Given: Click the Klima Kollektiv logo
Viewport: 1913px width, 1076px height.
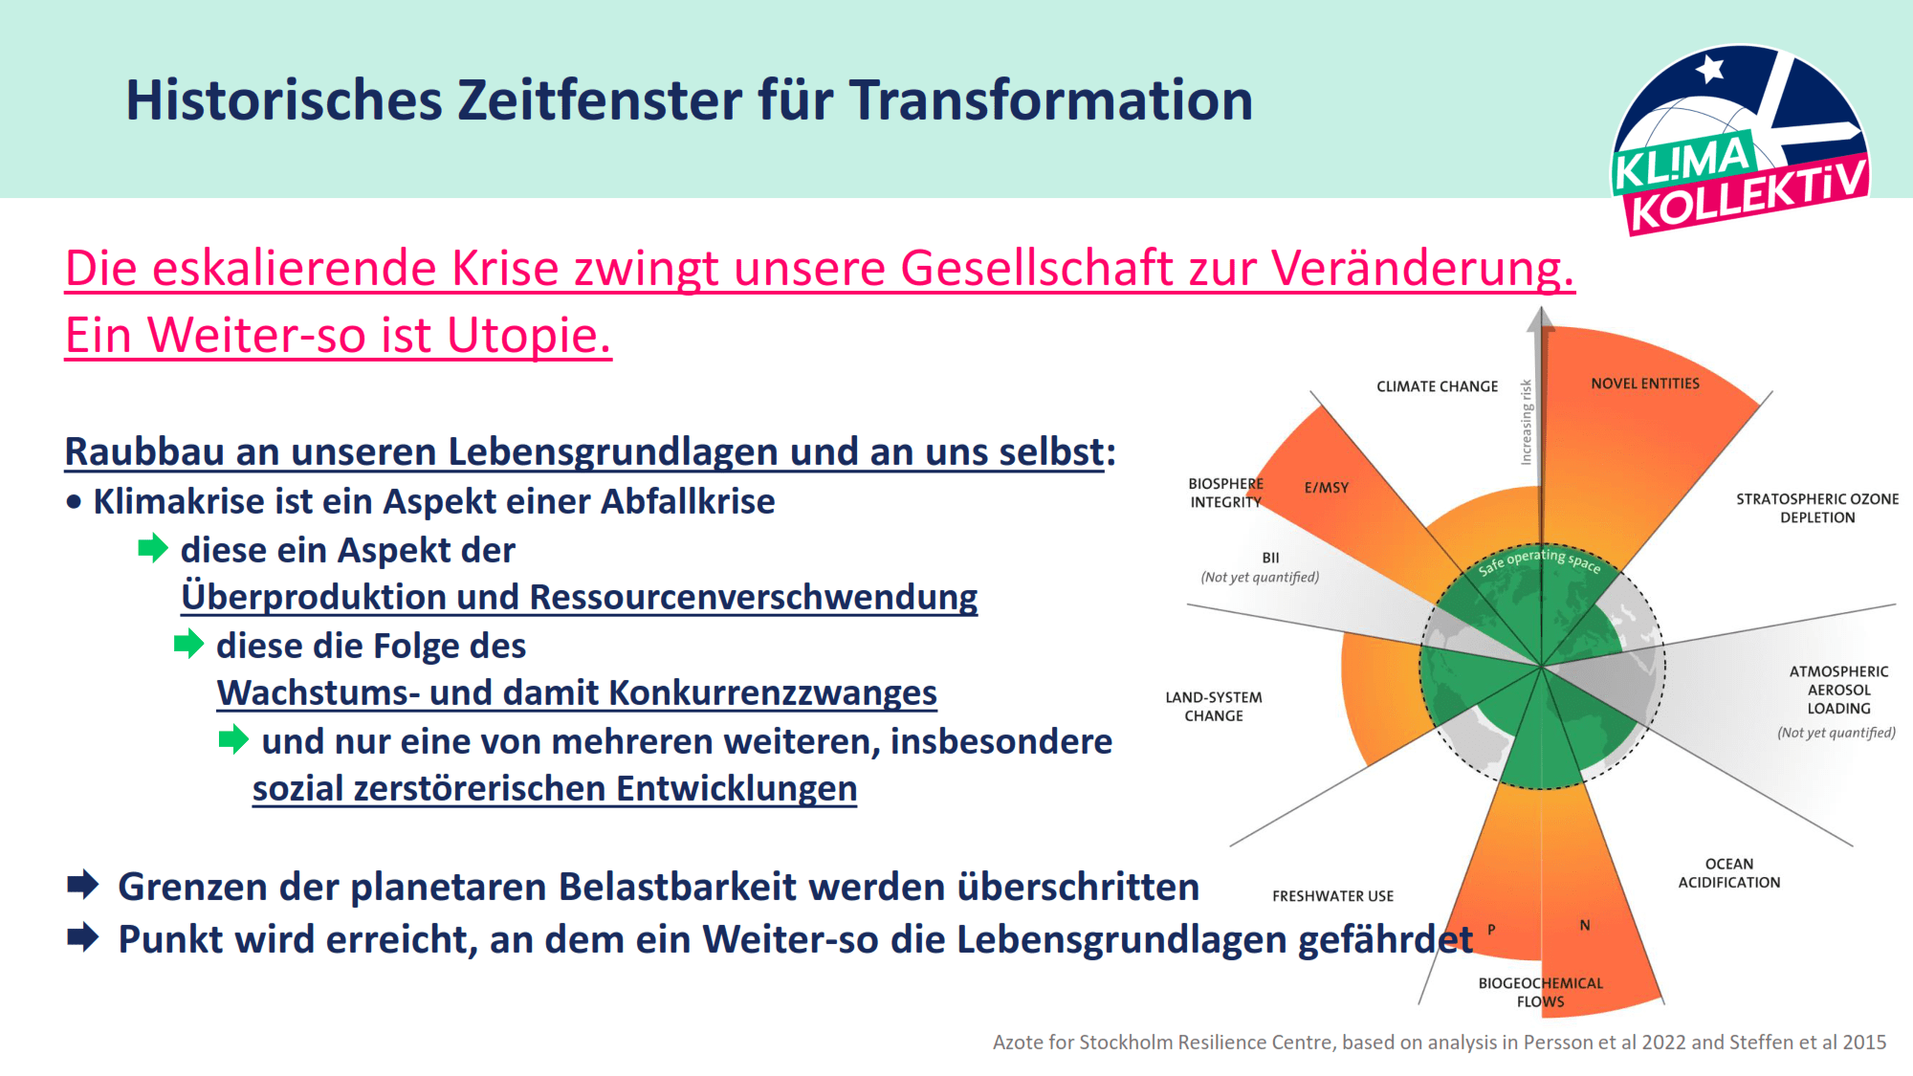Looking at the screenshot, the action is coord(1740,140).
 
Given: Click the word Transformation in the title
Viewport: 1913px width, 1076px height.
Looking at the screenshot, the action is coord(1051,99).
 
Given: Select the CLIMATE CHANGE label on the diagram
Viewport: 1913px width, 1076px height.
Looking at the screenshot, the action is coord(1437,386).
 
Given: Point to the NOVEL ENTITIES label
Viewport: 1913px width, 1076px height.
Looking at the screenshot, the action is coord(1645,384).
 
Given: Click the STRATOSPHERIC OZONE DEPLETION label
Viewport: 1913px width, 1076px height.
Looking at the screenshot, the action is coord(1817,508).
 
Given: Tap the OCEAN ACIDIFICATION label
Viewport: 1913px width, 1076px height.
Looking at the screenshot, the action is coord(1729,873).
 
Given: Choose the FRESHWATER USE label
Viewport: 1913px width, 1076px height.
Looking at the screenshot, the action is coord(1332,896).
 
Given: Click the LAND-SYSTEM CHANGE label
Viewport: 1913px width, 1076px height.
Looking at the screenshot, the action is coord(1214,707).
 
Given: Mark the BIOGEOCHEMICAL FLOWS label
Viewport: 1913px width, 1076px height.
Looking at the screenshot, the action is coord(1541,992).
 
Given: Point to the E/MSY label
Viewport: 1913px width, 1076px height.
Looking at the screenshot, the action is coord(1327,488).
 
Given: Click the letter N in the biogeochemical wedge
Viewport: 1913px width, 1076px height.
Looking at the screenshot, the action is coord(1585,925).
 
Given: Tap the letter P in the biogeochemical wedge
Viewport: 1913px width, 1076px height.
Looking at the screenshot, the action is coord(1491,930).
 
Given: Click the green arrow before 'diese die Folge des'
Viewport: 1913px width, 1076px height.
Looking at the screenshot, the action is coord(189,644).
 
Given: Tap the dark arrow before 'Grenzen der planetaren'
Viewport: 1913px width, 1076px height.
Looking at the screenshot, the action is coord(83,885).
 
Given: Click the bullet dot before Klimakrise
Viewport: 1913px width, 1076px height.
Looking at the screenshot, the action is coord(74,502).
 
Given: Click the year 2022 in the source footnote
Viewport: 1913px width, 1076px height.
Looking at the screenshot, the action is coord(1663,1043).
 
